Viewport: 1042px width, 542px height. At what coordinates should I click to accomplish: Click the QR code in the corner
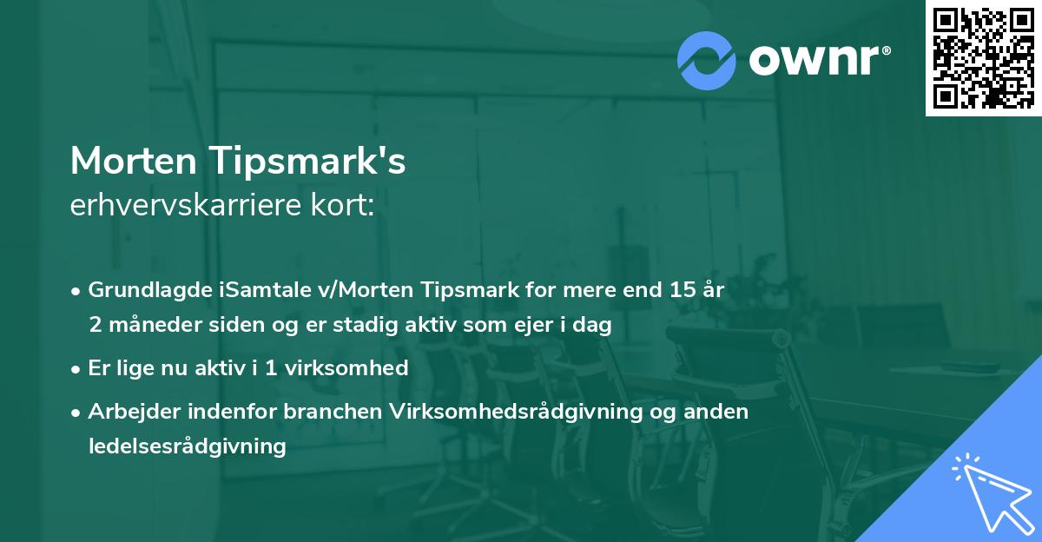[983, 57]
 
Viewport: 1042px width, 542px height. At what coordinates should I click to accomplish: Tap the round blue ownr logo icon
[707, 60]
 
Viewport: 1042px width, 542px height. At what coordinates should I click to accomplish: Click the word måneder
[145, 326]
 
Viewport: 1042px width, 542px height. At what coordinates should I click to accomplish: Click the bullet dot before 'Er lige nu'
[77, 368]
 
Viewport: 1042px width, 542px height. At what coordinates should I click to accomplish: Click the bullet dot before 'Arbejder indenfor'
[77, 412]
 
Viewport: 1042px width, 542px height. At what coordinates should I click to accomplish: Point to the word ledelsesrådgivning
[187, 446]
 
